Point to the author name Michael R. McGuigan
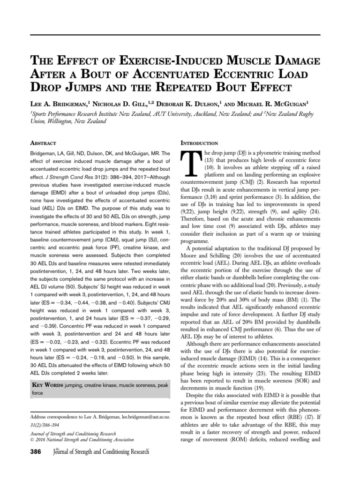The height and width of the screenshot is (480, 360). pyautogui.click(x=278, y=101)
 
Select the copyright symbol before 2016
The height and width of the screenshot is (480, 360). pyautogui.click(x=32, y=440)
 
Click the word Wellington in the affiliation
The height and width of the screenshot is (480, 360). pyautogui.click(x=58, y=121)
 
